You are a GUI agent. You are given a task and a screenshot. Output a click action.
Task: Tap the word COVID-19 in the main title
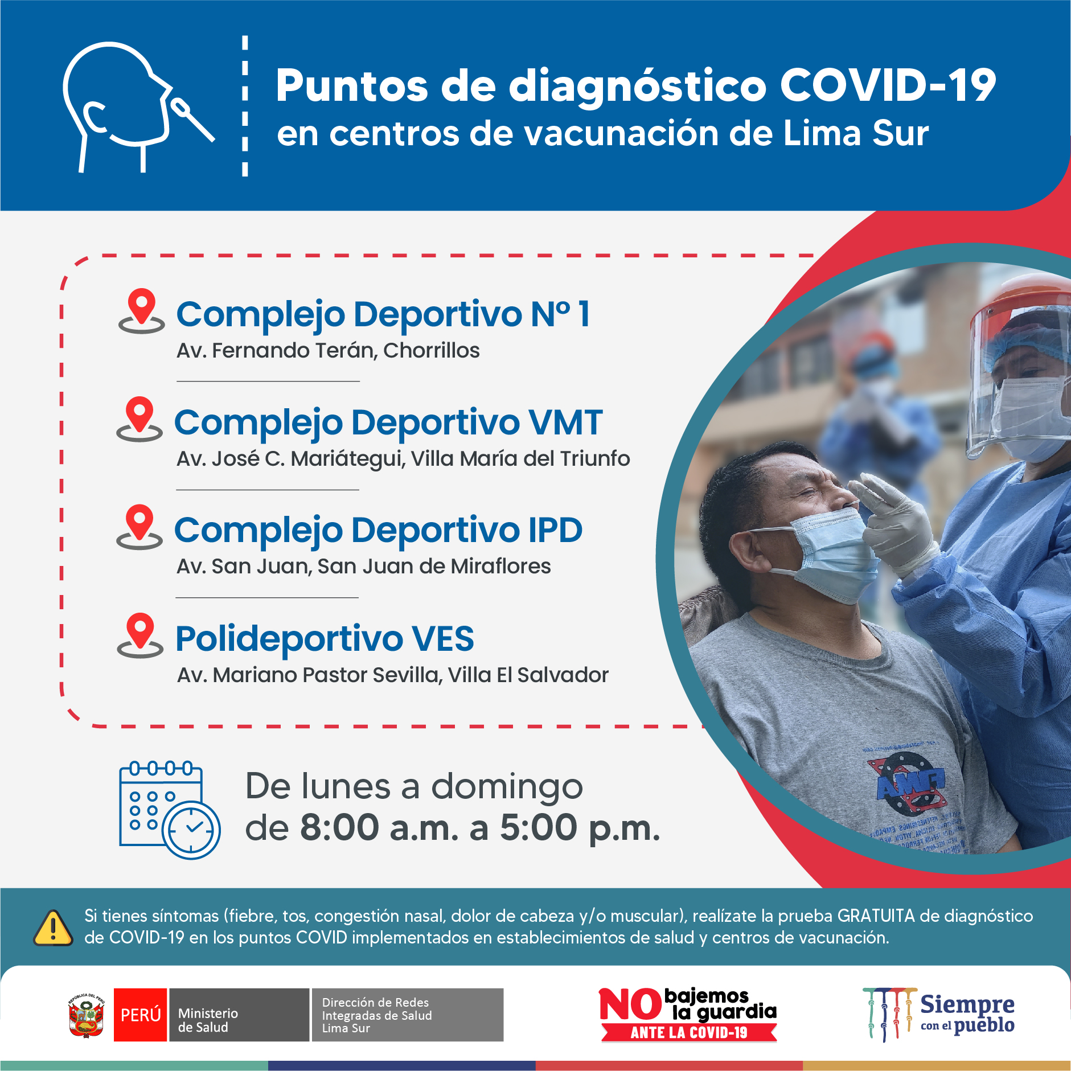point(888,85)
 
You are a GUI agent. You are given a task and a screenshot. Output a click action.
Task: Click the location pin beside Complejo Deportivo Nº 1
point(142,311)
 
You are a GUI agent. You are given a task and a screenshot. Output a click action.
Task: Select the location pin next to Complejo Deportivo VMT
point(139,419)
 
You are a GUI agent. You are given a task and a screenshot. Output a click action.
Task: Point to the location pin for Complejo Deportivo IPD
point(139,527)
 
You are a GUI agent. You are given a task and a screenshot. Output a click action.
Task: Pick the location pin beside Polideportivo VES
point(140,635)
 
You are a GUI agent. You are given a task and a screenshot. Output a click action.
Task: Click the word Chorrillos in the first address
point(432,351)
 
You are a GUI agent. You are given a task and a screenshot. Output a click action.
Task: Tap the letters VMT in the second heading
point(565,422)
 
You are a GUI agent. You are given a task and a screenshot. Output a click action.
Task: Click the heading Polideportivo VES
point(325,638)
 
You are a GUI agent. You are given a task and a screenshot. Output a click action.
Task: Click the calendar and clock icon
point(170,810)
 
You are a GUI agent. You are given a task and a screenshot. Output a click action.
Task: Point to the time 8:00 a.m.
point(379,827)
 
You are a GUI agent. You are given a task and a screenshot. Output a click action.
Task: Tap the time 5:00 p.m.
point(580,828)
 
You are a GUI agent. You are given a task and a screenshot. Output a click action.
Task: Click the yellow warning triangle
point(54,928)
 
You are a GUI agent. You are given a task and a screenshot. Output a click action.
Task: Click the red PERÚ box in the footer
point(141,1015)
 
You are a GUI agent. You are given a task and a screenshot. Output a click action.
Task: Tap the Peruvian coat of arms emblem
point(86,1015)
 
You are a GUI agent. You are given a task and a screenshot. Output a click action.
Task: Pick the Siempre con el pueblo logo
point(939,1015)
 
